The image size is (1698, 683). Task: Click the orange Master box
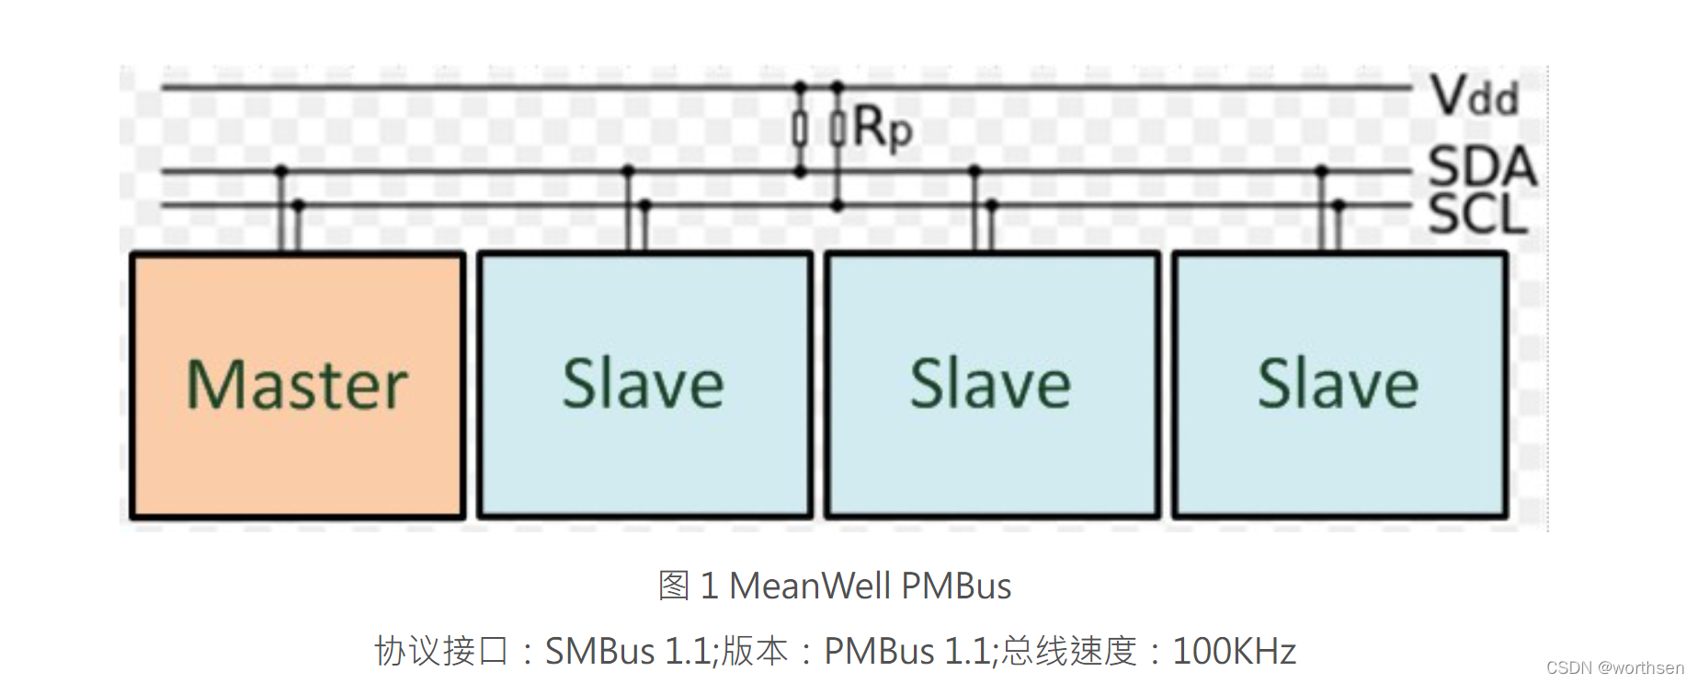[297, 385]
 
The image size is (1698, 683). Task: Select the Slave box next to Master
[644, 385]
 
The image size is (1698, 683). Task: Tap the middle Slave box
[992, 385]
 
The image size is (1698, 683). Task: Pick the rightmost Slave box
[1339, 385]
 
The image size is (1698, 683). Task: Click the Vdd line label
[1474, 96]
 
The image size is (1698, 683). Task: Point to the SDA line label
[1481, 166]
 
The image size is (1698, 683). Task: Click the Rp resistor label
[883, 127]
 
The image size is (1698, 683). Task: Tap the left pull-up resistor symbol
[800, 129]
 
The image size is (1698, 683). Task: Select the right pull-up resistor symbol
[837, 129]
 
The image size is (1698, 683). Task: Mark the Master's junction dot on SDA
[281, 171]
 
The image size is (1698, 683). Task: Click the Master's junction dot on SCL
[298, 205]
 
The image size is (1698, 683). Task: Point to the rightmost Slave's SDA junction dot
[1322, 171]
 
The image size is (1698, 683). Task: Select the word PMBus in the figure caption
[956, 586]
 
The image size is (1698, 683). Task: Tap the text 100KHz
[1234, 651]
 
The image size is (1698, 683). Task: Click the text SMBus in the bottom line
[599, 651]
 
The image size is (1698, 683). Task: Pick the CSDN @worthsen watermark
[1614, 668]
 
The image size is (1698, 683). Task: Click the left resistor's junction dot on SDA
[800, 172]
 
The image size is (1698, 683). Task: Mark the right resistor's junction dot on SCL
[837, 206]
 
